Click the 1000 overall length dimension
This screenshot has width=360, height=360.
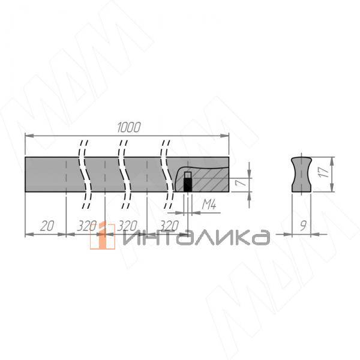point(128,127)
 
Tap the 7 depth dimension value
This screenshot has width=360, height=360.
point(239,182)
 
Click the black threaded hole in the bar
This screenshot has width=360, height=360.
point(187,185)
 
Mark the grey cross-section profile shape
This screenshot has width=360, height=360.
point(301,174)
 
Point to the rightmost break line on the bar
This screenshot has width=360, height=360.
point(165,174)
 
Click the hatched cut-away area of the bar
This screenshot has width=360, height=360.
point(210,178)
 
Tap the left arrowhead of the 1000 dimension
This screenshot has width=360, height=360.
point(28,136)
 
